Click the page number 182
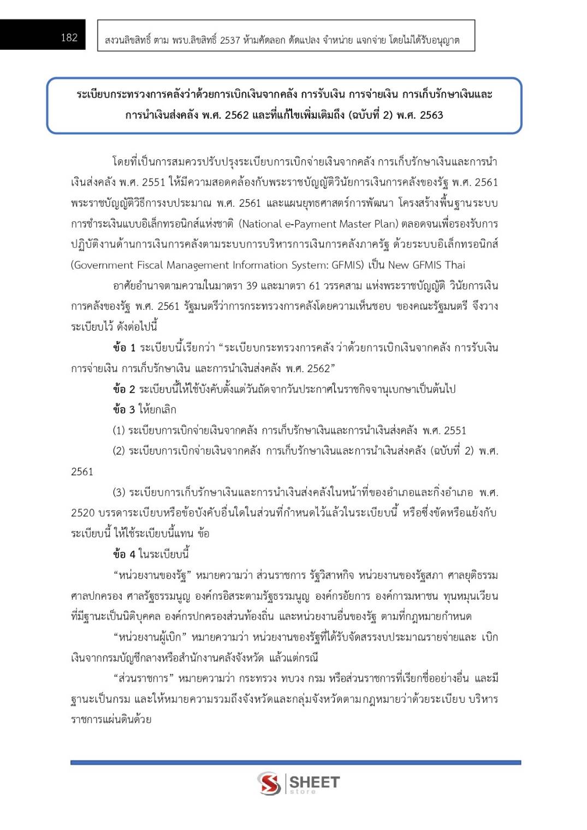tap(69, 37)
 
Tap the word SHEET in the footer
tap(314, 782)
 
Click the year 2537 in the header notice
tap(230, 40)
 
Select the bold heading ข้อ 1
tap(124, 348)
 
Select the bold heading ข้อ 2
tap(124, 389)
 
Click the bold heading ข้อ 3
tap(124, 409)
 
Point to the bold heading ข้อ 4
tap(124, 554)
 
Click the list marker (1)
tap(118, 430)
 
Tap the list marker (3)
tap(118, 492)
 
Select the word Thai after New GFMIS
tap(455, 265)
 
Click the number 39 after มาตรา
tap(251, 285)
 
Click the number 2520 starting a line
tap(82, 513)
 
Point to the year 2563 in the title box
tap(431, 115)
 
